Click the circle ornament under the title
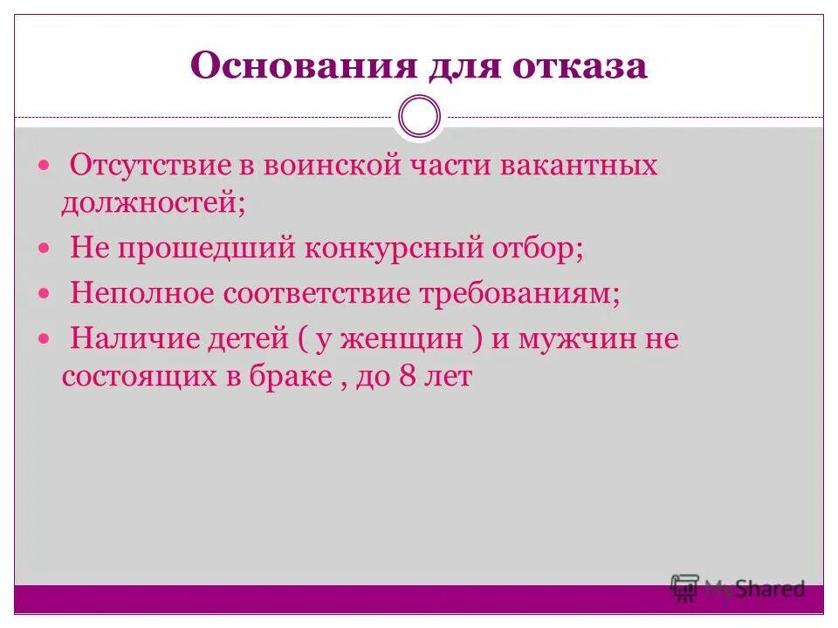point(419,117)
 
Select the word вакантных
point(579,165)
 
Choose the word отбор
point(535,249)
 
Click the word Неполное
point(142,293)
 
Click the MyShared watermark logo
point(738,590)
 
